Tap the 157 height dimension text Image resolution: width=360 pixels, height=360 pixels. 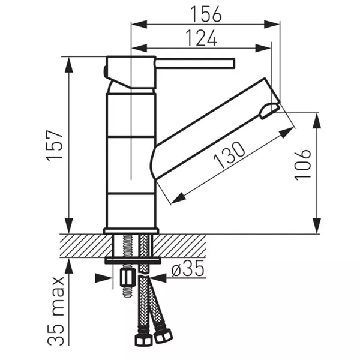[55, 145]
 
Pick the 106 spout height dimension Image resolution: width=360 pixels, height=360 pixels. [304, 163]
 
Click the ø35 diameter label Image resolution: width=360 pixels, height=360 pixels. [187, 269]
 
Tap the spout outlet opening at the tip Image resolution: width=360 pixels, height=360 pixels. [269, 110]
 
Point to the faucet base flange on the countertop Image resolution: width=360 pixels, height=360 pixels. [130, 231]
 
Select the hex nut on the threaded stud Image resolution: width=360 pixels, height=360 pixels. [127, 277]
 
